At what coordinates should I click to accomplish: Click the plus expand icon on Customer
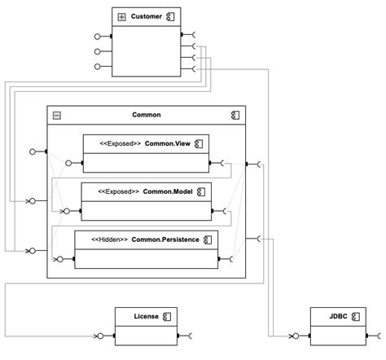coord(122,16)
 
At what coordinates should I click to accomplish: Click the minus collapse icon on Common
coord(56,116)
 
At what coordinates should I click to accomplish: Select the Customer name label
coord(147,16)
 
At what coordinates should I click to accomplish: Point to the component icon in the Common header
coord(235,116)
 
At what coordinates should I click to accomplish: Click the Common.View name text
coord(169,144)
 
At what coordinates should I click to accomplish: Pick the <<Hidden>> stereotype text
coord(112,239)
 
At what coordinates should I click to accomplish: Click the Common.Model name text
coord(169,191)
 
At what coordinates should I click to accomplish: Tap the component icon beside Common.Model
coord(200,191)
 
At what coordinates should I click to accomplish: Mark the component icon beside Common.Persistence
coord(208,239)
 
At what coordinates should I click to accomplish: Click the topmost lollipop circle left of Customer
coord(98,37)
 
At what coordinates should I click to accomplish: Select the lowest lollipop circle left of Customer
coord(98,67)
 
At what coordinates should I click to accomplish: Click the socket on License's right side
coord(191,336)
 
